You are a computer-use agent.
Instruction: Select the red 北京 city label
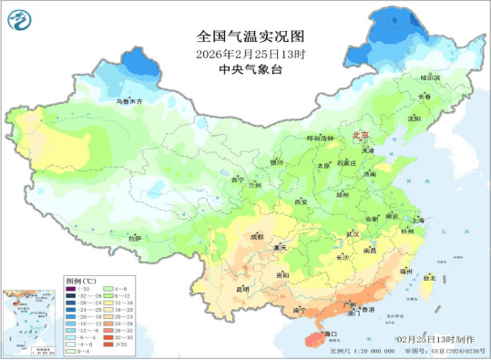pyautogui.click(x=362, y=137)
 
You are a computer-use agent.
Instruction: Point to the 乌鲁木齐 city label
pyautogui.click(x=128, y=101)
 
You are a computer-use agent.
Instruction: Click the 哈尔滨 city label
pyautogui.click(x=429, y=78)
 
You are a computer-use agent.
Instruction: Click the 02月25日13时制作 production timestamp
pyautogui.click(x=430, y=339)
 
